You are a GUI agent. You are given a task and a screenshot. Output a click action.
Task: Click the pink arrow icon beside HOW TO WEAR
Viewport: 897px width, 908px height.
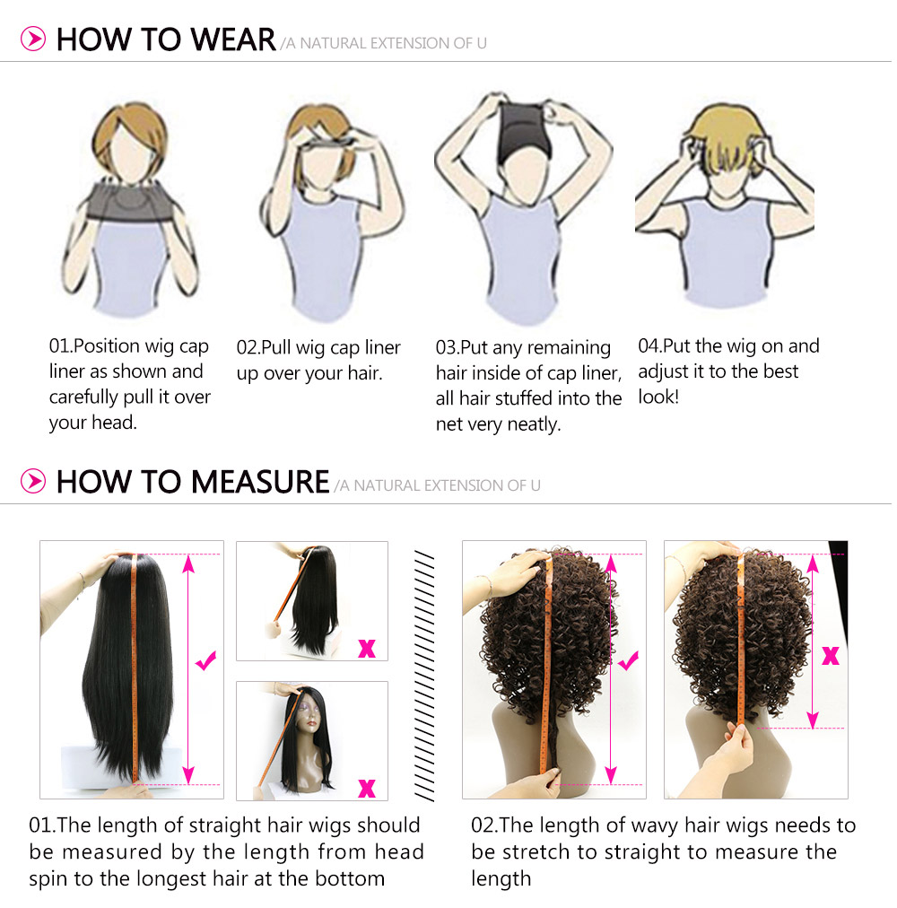[x=33, y=39]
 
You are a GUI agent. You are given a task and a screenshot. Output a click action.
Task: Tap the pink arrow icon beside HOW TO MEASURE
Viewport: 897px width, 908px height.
[x=33, y=481]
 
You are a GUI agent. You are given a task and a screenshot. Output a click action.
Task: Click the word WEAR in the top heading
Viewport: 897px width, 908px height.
[x=233, y=39]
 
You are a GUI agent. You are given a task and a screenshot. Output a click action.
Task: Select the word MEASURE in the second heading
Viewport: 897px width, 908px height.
[x=260, y=482]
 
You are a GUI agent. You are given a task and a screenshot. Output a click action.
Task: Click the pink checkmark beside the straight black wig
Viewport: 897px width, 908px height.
[x=206, y=660]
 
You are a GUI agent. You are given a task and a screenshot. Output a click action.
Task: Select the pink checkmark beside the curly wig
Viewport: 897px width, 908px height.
[x=628, y=660]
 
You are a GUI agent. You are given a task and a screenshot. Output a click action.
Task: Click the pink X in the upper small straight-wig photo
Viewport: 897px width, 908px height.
[x=367, y=648]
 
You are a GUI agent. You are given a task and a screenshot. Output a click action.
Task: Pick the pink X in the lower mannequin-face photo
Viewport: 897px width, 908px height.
[x=367, y=788]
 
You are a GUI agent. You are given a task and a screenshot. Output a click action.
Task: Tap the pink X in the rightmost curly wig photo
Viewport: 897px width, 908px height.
[x=831, y=656]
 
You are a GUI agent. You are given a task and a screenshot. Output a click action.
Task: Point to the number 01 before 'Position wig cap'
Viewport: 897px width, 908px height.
[x=59, y=345]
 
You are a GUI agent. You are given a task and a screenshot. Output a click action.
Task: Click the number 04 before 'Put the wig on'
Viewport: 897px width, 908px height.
[x=649, y=345]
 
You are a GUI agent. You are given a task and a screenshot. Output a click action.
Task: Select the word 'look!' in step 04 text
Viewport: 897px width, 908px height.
[x=658, y=397]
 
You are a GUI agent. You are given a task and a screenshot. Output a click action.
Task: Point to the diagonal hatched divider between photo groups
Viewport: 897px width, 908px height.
[x=424, y=676]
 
